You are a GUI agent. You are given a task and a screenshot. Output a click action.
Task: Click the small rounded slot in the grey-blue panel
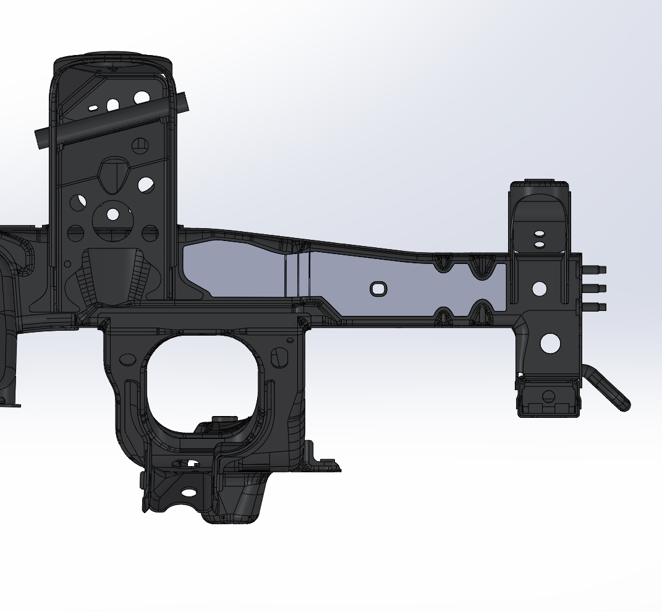coord(378,289)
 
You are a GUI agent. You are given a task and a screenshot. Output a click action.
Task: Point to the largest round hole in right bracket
coord(550,344)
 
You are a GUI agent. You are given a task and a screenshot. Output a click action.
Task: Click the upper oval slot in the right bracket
coord(540,234)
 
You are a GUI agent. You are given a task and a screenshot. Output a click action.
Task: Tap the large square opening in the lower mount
coord(201,380)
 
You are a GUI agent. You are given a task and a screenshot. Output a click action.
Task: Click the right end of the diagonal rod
coord(179,102)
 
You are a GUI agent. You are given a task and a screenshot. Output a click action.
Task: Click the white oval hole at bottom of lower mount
coord(189,493)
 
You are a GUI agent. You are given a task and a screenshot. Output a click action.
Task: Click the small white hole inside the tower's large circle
coord(112,215)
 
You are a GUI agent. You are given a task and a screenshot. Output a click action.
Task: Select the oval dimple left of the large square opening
coord(128,359)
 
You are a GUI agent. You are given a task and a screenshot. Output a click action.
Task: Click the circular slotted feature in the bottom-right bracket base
coord(548,397)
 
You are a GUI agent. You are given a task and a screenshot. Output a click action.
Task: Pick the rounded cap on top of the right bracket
coord(540,185)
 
